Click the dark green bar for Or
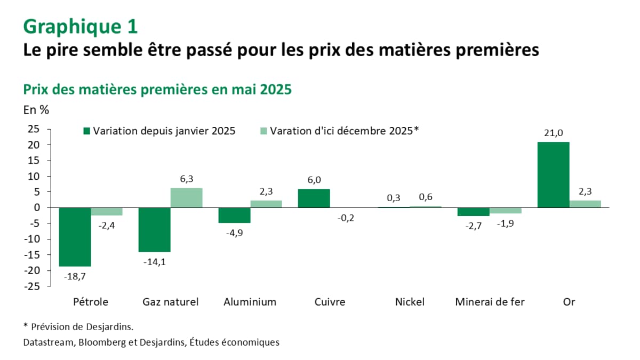coord(553,175)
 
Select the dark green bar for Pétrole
coord(75,237)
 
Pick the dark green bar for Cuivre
coord(314,198)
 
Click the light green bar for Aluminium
coord(266,204)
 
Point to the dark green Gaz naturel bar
coord(154,229)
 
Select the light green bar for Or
coord(585,204)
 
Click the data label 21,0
coord(553,134)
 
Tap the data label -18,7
coord(75,276)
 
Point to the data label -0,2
coord(346,218)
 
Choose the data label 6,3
coord(186,180)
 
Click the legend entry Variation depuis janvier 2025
coord(159,131)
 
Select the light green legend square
coord(263,131)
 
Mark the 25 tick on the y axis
coord(34,129)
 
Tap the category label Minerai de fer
coord(490,302)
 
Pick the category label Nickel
coord(410,302)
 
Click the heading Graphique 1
coord(81,26)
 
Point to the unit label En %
coord(36,110)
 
